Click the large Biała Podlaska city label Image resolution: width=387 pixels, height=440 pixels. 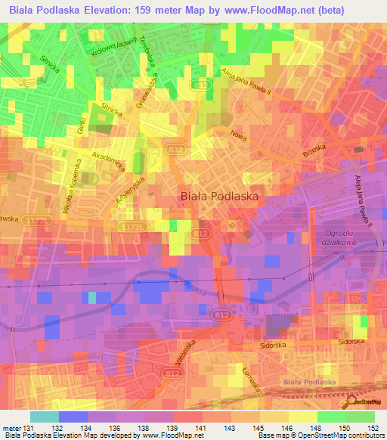219,196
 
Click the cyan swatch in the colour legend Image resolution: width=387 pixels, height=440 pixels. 45,417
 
